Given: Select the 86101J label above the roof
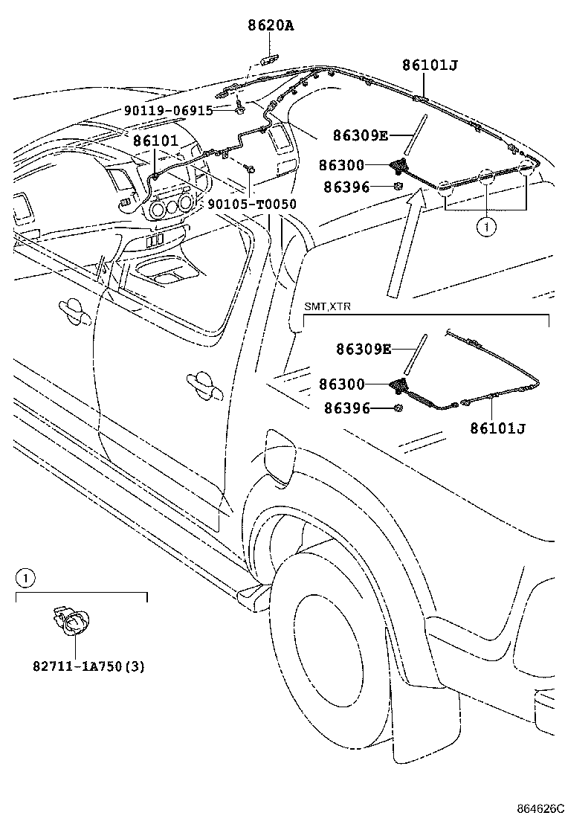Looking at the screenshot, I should tap(430, 65).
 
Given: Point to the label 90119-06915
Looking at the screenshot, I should tap(168, 110).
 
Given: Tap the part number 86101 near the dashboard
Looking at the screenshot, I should tap(156, 140).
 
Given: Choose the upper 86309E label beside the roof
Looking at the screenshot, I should tap(361, 135).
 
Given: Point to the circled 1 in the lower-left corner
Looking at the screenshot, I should tap(24, 576).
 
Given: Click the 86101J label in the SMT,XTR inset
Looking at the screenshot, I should tap(498, 428).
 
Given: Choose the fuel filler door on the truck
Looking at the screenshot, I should tap(281, 455).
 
